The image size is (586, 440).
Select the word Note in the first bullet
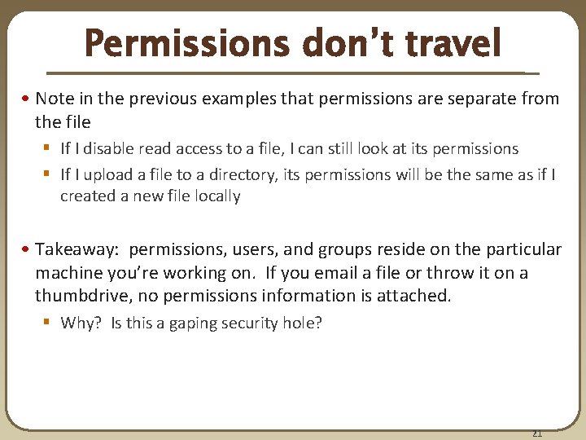pyautogui.click(x=54, y=99)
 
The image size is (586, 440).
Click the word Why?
pyautogui.click(x=82, y=323)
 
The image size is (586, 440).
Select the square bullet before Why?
pyautogui.click(x=50, y=323)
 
